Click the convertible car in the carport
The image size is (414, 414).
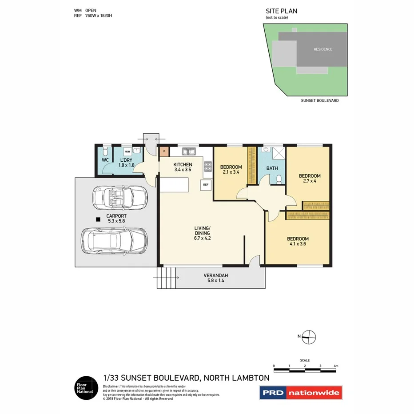point(119,197)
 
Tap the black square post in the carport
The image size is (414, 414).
point(97,219)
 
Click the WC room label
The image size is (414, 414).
point(105,160)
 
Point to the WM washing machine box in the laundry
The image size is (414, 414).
point(127,151)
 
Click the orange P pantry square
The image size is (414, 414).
point(164,151)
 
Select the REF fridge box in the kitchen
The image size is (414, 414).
point(206,184)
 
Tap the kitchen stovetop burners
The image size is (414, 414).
point(207,167)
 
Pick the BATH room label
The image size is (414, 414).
point(272,168)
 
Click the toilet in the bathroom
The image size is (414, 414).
point(279,179)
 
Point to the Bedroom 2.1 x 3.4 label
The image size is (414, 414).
point(231,169)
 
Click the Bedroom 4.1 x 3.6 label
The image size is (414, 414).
point(297,240)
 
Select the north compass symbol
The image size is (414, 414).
point(309,337)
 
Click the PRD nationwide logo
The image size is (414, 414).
point(301,392)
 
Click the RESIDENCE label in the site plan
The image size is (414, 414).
point(322,49)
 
